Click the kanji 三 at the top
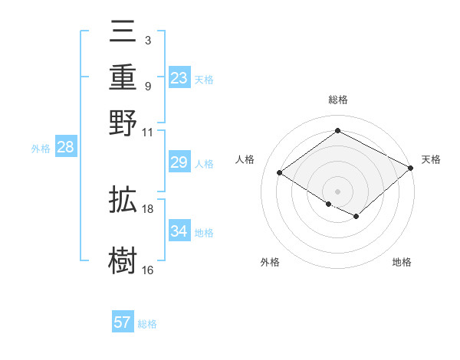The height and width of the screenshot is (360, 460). tap(123, 33)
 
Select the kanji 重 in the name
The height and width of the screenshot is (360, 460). tap(123, 77)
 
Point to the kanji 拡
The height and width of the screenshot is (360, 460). tap(123, 201)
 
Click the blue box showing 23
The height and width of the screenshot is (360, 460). tap(179, 78)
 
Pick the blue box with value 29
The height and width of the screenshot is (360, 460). tap(179, 162)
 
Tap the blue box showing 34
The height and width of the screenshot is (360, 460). tap(179, 231)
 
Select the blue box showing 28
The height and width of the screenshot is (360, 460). tap(65, 148)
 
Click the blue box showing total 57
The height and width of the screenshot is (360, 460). tap(123, 322)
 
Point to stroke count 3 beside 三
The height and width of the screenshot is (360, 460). tap(147, 39)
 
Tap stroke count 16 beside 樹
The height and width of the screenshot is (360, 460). tap(148, 270)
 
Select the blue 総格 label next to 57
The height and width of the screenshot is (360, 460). tap(147, 324)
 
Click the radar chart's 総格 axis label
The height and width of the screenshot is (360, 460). tap(337, 100)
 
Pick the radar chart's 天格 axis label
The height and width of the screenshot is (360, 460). tap(431, 159)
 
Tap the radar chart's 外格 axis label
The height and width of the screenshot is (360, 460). tap(270, 262)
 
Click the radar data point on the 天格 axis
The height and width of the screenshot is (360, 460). tap(412, 169)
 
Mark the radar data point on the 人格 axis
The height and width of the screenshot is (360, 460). tap(280, 173)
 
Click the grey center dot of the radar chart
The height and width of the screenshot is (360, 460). tap(337, 190)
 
